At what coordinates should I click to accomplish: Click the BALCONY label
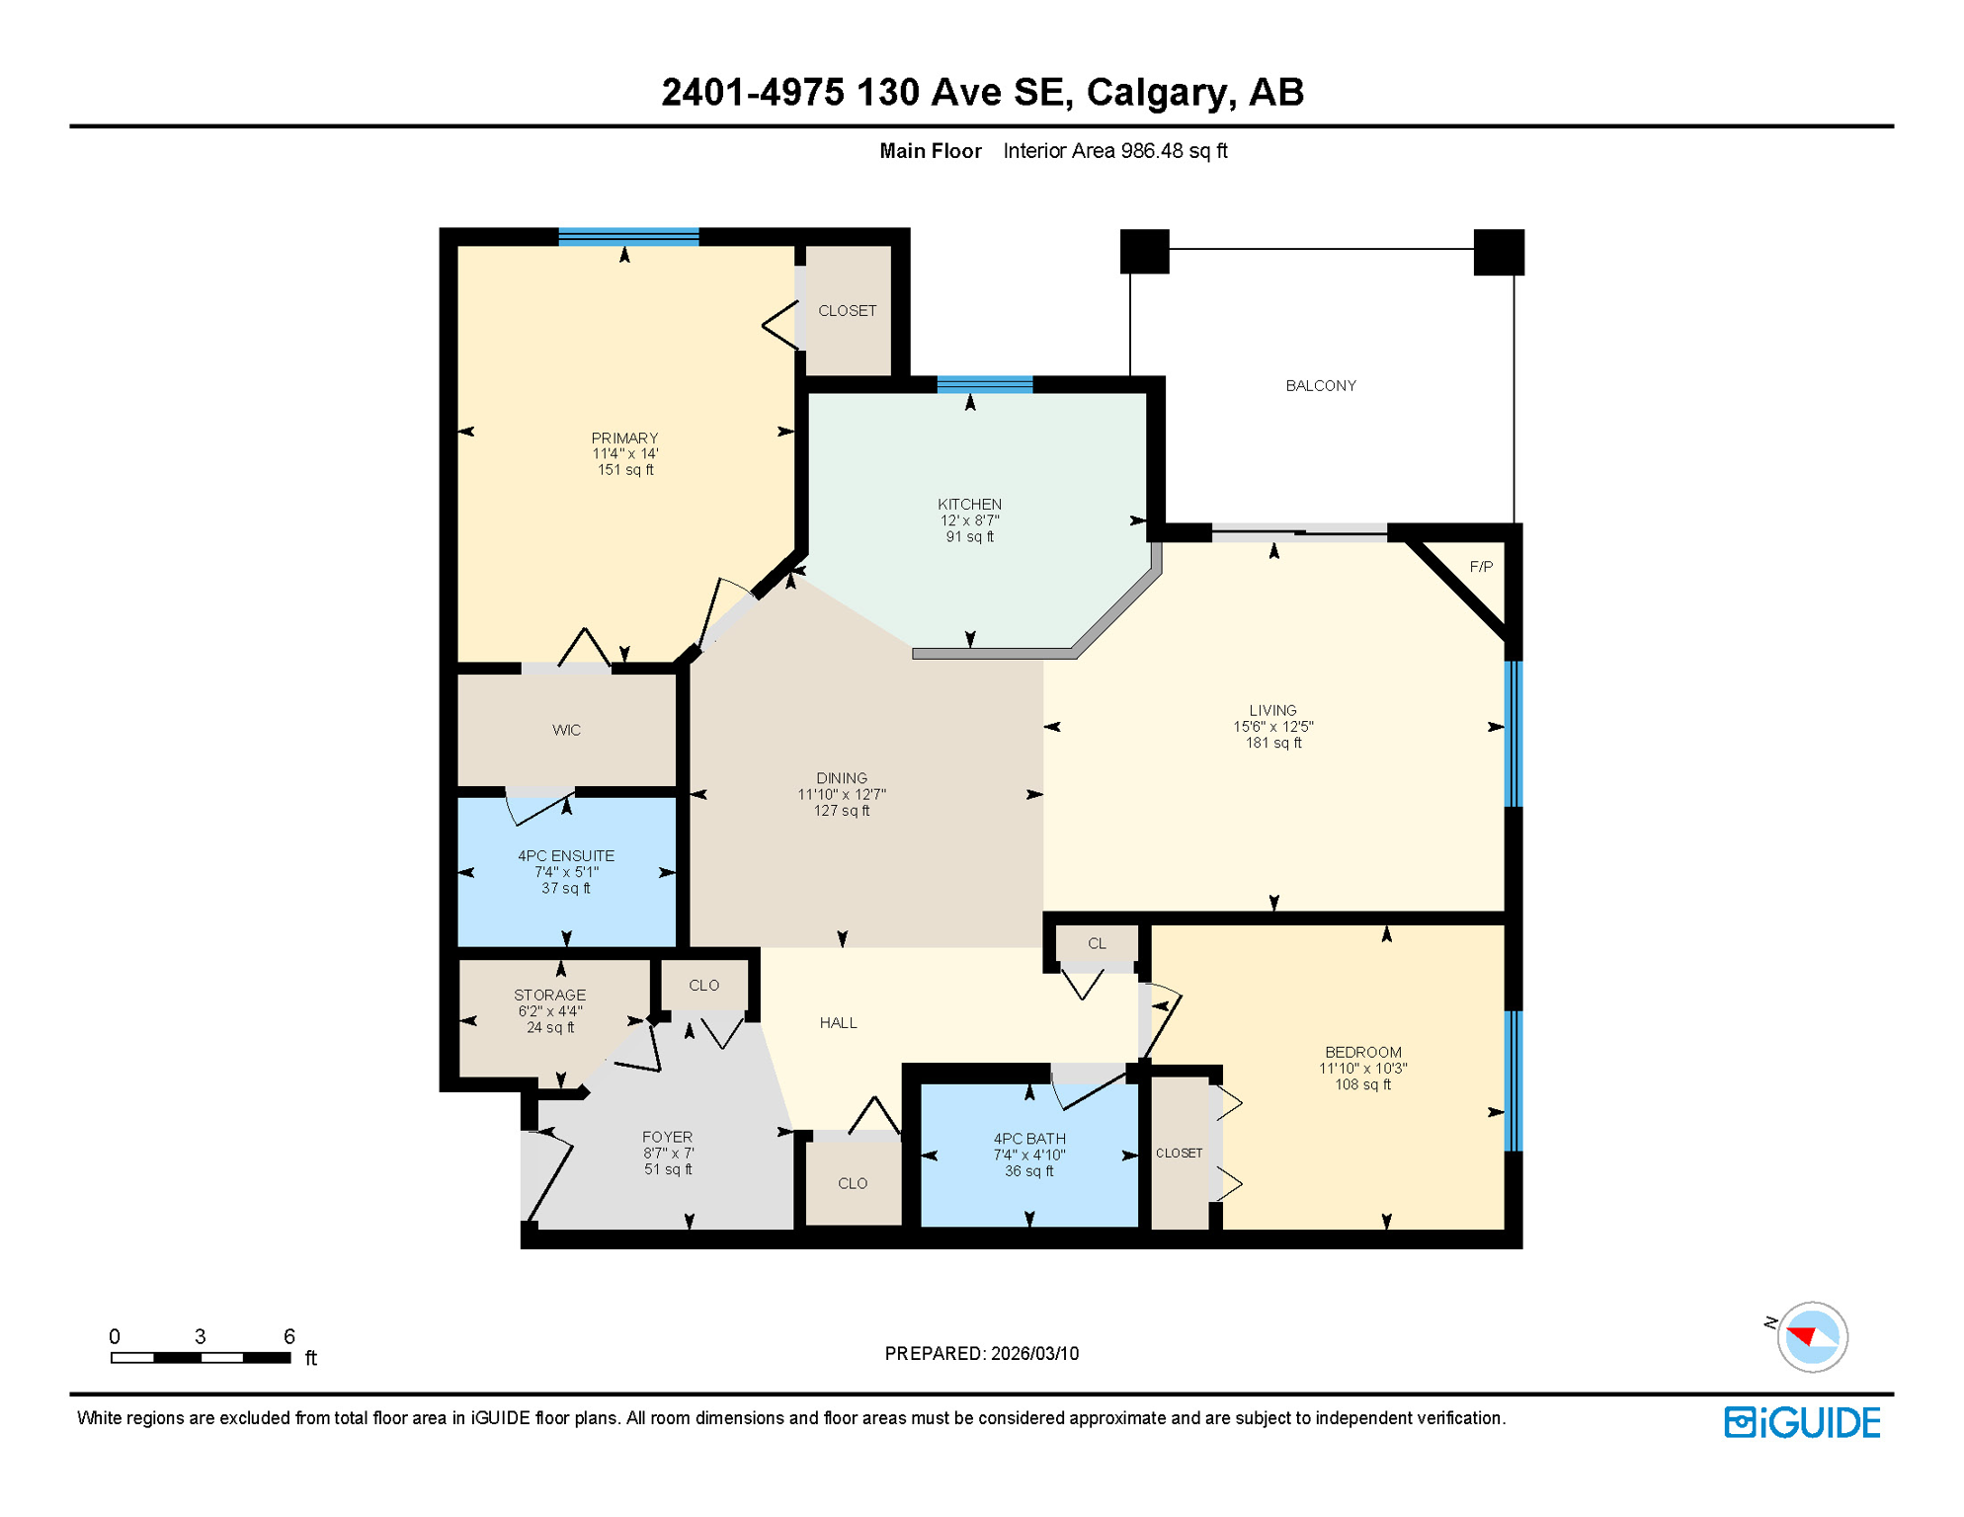pos(1320,385)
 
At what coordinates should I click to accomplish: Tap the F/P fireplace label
pos(1480,567)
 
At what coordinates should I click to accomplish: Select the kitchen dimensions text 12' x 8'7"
pos(969,520)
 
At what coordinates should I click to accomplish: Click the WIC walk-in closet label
pos(566,730)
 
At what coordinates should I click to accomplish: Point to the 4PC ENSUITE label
pos(566,855)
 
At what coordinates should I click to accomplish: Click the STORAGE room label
pos(549,995)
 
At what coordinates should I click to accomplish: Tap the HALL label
pos(838,1022)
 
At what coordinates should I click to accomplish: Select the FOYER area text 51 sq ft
pos(668,1169)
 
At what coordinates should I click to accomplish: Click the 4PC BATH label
pos(1028,1139)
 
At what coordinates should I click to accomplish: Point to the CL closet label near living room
pos(1096,943)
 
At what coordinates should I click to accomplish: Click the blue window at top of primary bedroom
pos(628,236)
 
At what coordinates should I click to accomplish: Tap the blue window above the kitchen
pos(984,384)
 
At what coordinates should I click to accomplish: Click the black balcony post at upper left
pos(1144,251)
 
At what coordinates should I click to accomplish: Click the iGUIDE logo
pos(1802,1422)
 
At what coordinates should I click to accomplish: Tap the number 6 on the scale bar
pos(288,1336)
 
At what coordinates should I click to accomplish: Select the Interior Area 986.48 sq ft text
pos(1114,151)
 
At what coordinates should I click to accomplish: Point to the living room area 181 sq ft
pos(1272,743)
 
